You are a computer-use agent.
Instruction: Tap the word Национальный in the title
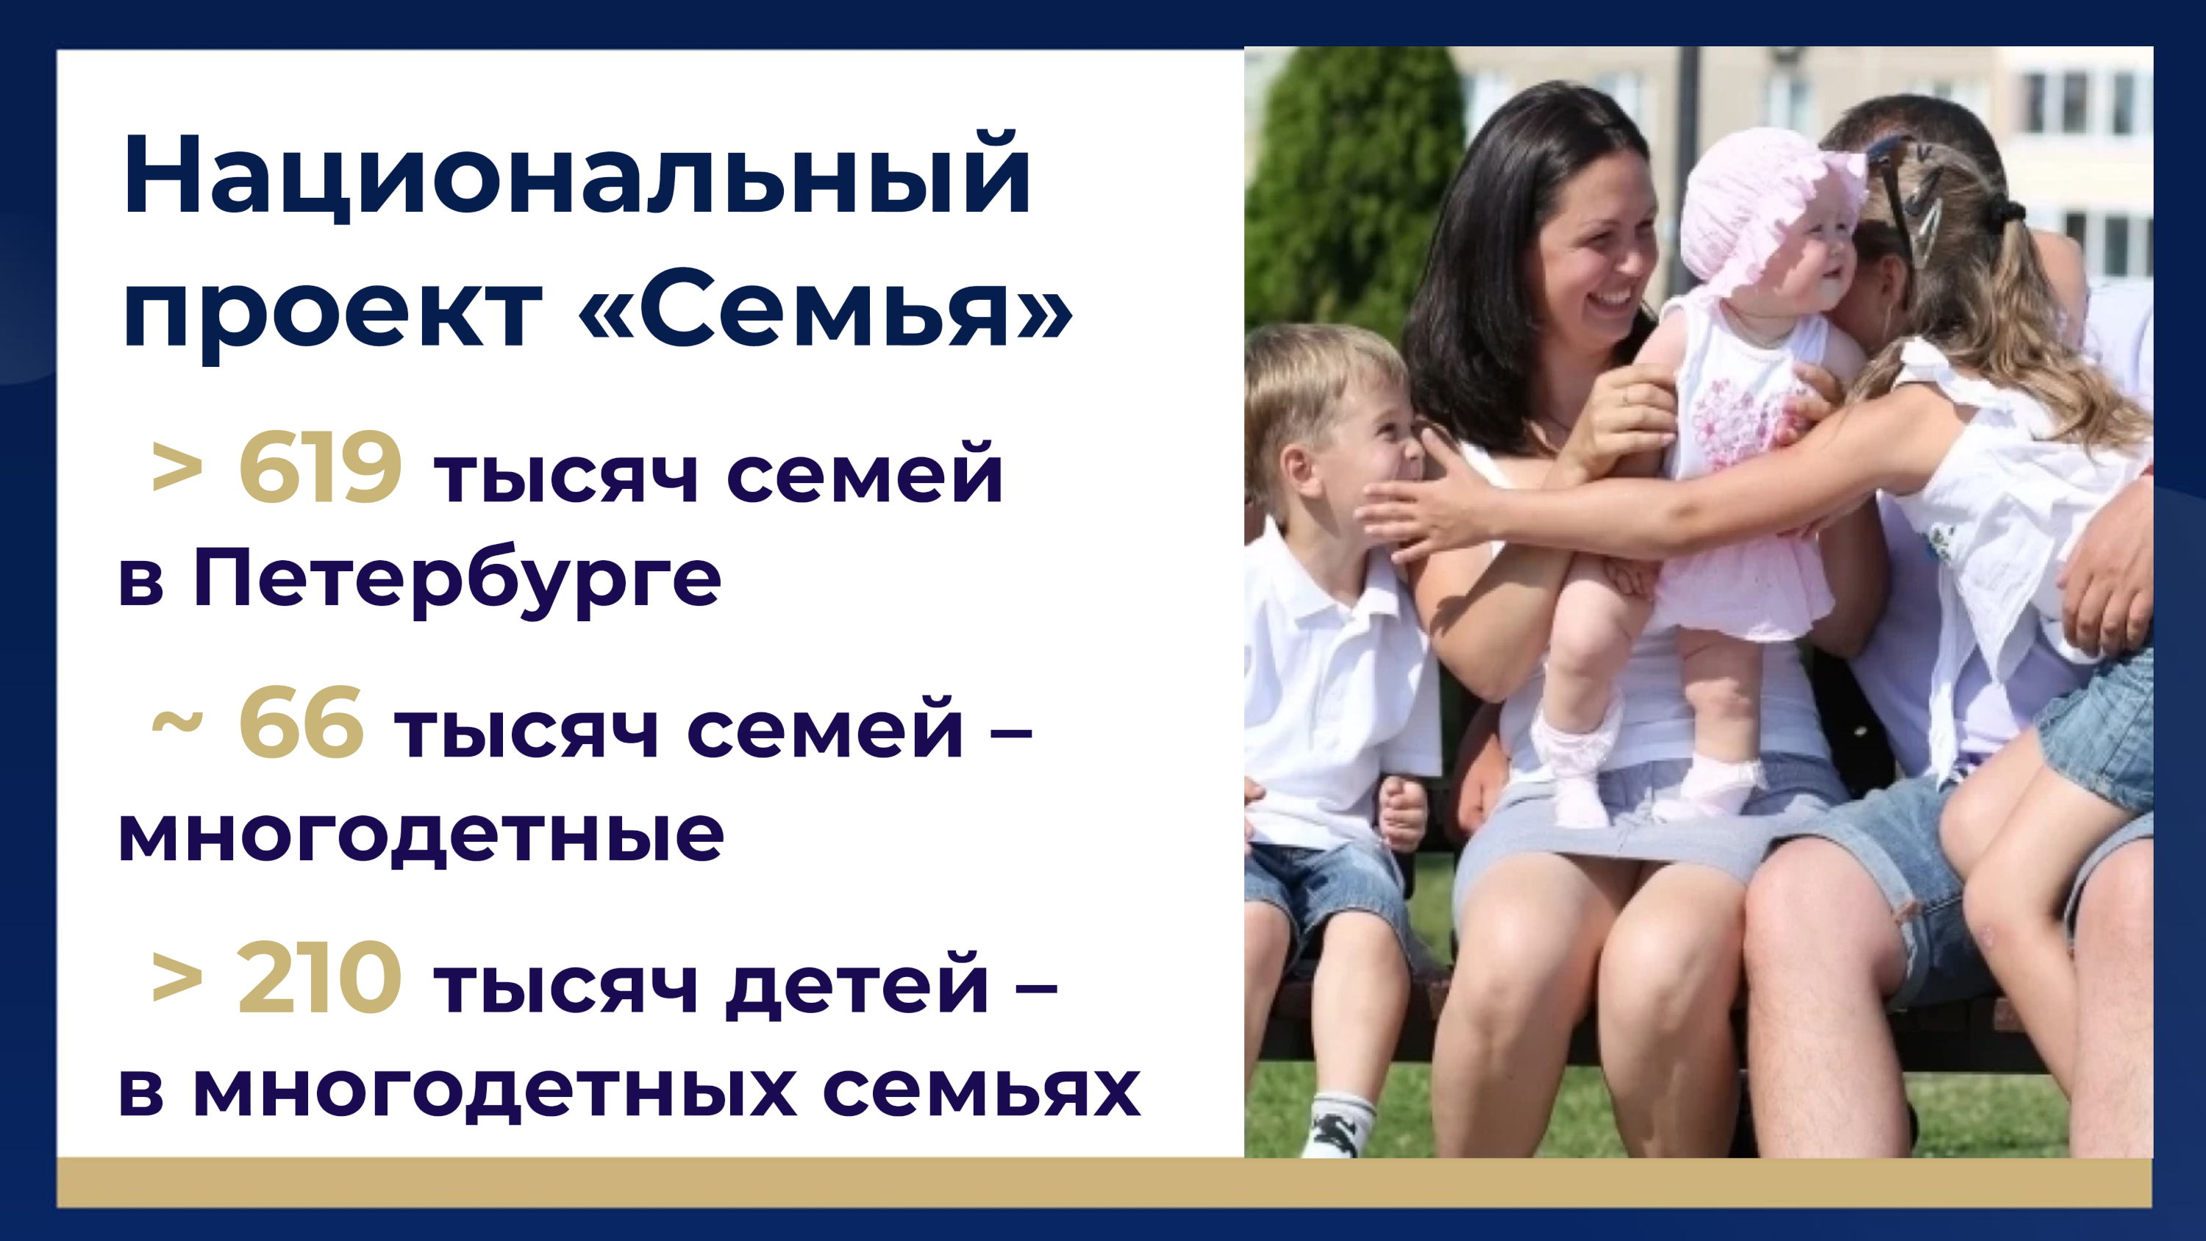click(577, 176)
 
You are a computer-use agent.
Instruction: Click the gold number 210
click(319, 977)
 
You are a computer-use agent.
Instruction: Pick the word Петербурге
click(457, 579)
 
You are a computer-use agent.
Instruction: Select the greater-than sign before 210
click(177, 978)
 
